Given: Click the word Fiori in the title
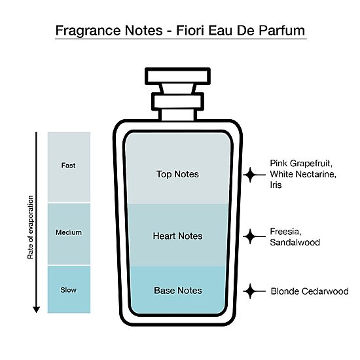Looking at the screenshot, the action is (x=190, y=30).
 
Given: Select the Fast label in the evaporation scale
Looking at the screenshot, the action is (x=69, y=166).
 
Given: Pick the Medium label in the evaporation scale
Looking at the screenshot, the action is (x=69, y=232).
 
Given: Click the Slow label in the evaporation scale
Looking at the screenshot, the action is (x=69, y=290).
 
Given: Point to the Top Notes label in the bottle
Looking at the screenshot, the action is (x=177, y=174).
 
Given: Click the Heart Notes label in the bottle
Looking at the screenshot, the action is (x=177, y=236).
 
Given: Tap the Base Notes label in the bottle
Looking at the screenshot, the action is (x=178, y=291).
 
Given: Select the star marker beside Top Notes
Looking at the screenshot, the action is (x=250, y=175).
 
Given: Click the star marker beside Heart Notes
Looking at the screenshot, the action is (x=250, y=236).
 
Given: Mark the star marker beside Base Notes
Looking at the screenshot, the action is (x=250, y=291).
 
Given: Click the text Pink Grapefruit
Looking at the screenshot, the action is (x=301, y=164).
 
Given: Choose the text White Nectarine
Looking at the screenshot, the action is (x=303, y=174).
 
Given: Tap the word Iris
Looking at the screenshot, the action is (x=276, y=185).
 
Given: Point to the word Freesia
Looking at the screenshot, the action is (x=285, y=232).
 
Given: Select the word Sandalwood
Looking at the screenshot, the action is (x=295, y=242).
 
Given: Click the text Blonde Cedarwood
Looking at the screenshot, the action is (x=310, y=291).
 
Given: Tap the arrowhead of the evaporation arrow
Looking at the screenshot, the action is (x=36, y=310).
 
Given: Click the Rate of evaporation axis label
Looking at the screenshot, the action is (x=30, y=227).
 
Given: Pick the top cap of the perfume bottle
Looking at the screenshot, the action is (x=177, y=77).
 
